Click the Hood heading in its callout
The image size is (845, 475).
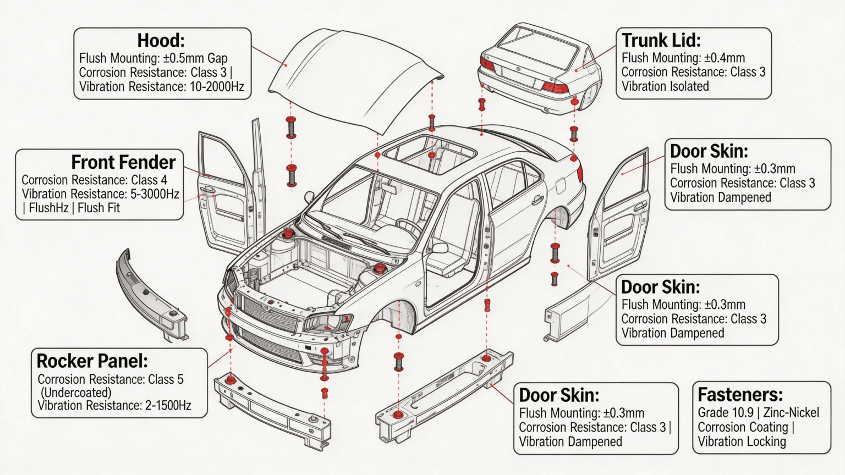coord(161,41)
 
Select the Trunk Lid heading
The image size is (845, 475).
coord(661,40)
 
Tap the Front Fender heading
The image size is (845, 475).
coord(123,162)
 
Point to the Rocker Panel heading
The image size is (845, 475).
coord(92,361)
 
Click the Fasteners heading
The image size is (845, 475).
coord(740,395)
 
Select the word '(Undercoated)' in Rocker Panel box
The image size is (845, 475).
coord(76,393)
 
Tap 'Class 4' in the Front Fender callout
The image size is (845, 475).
coord(149,180)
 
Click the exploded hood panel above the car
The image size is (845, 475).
coord(352,77)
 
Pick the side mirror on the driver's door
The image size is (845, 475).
coord(440,248)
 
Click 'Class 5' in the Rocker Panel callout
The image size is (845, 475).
coord(166,379)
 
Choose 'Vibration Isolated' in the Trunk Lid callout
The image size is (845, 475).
coord(665,86)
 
